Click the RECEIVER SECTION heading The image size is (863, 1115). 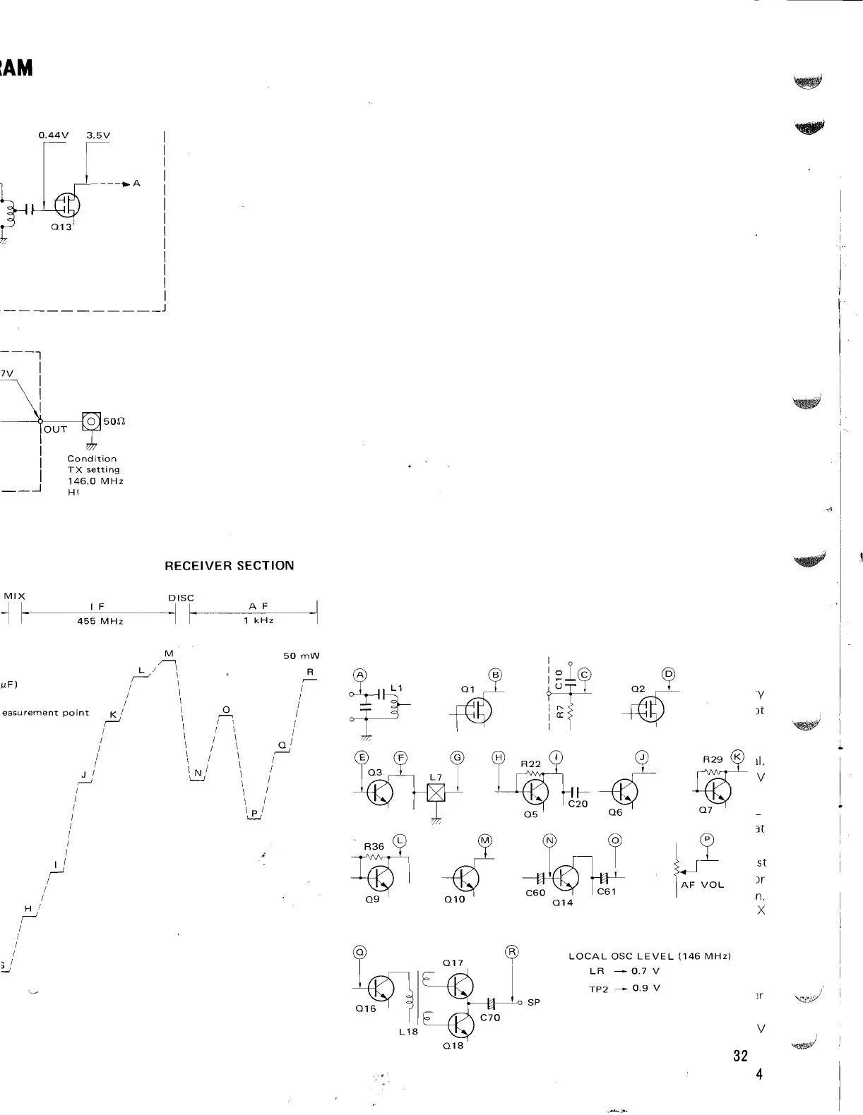tap(229, 566)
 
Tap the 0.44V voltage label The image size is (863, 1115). tap(53, 135)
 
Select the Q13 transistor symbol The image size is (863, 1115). tap(68, 206)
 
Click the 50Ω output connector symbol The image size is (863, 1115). tap(92, 421)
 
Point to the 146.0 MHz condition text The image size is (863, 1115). tap(95, 481)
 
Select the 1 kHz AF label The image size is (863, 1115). tap(258, 621)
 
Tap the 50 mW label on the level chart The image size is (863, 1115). tap(302, 656)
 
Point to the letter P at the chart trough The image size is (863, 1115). tap(254, 814)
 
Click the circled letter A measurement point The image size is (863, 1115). tap(360, 675)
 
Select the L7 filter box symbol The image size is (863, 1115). tap(436, 793)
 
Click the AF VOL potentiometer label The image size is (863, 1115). tap(702, 884)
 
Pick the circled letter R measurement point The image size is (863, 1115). tap(512, 952)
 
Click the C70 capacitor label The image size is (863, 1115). tap(490, 1018)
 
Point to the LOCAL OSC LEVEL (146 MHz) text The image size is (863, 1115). tap(649, 956)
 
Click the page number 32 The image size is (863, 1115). tap(740, 1056)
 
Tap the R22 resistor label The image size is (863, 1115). tap(530, 764)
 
